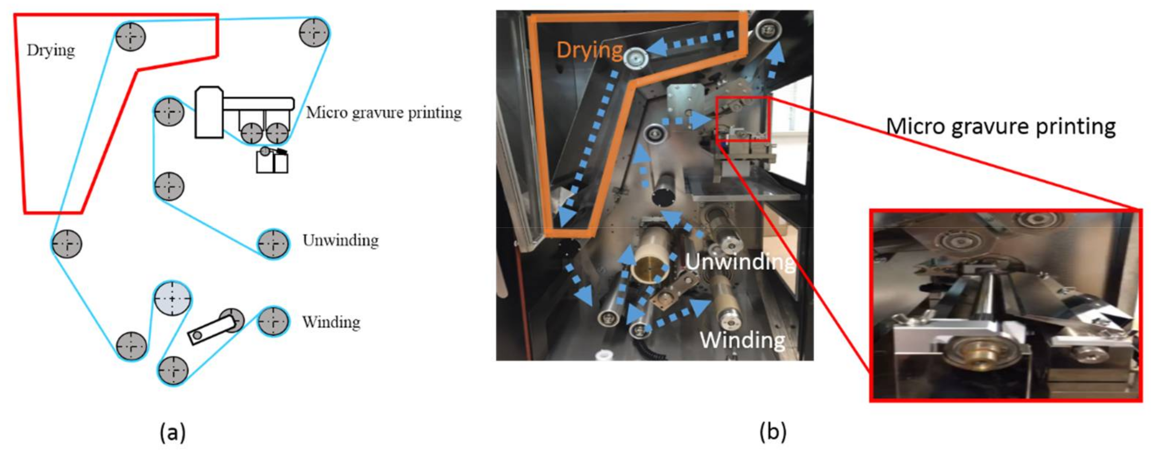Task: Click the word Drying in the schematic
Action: (50, 50)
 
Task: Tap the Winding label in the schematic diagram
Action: (331, 322)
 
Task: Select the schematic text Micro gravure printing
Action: (383, 113)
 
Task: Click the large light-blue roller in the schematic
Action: (173, 299)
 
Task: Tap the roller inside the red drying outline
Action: (131, 36)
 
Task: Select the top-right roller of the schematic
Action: (314, 32)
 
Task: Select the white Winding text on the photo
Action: (742, 340)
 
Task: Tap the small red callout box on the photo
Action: (742, 119)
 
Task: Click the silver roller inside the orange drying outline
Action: (635, 58)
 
